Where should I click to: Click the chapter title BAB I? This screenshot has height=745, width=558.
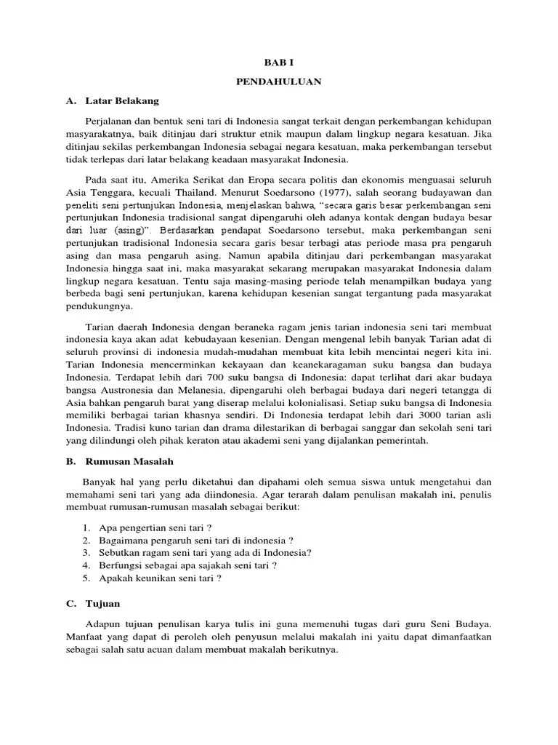point(278,64)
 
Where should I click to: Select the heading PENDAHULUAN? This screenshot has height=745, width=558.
point(278,82)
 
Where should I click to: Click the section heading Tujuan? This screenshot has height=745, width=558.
point(102,603)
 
